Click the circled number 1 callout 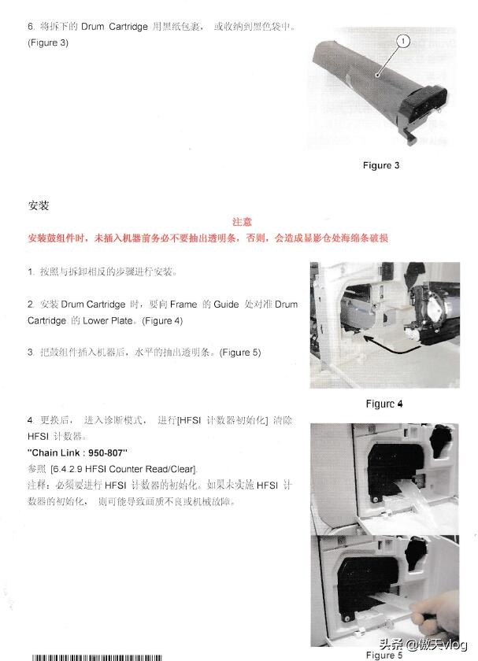(403, 40)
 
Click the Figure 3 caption (381, 165)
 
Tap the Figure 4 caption (384, 404)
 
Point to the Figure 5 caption (384, 655)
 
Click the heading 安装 (39, 205)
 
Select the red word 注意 (242, 223)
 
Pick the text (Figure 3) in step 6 (48, 42)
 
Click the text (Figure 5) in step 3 (240, 352)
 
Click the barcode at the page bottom (94, 656)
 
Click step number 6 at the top (30, 27)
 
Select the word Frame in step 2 (183, 304)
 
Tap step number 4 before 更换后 (30, 420)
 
